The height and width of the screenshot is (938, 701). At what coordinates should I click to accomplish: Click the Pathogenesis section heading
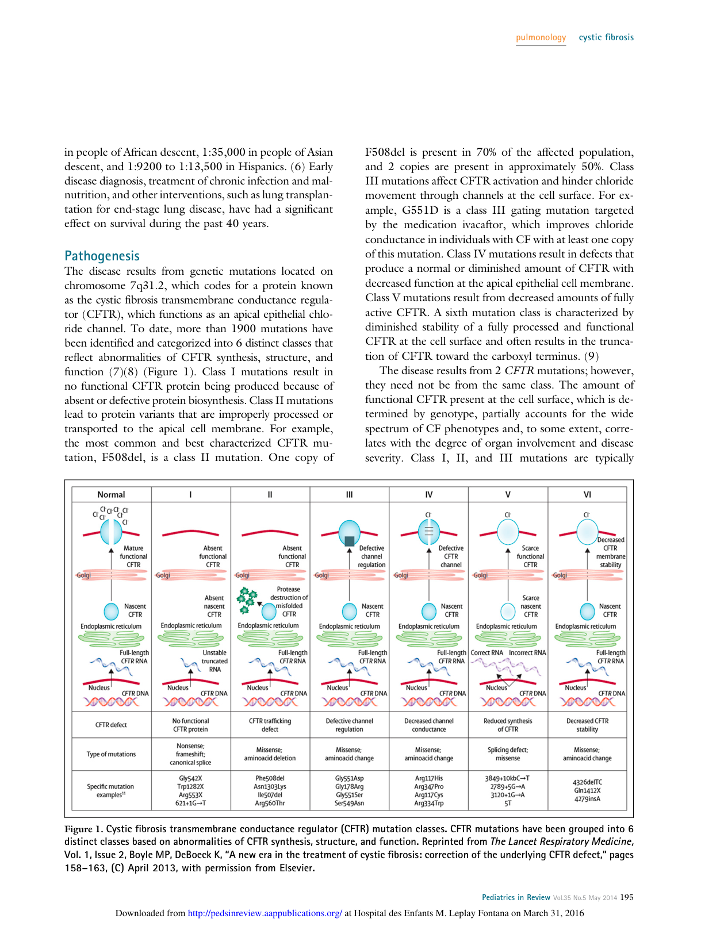point(102,256)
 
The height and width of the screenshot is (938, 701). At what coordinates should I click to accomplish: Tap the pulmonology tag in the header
point(541,37)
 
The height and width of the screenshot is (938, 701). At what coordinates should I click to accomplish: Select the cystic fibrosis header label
point(606,37)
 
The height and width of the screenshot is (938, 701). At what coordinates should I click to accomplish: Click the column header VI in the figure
point(587,494)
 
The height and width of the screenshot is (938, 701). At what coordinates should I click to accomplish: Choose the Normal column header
point(111,494)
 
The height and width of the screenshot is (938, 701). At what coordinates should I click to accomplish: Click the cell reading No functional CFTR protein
point(190,725)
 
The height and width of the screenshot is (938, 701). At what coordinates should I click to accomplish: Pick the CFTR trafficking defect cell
point(270,725)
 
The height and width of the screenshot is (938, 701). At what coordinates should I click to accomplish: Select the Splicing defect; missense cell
point(508,754)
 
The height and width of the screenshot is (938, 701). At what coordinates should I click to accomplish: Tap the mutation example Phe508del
point(270,778)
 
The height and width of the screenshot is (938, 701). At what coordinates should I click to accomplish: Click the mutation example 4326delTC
point(587,782)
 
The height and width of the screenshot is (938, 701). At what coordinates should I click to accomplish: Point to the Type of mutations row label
point(111,754)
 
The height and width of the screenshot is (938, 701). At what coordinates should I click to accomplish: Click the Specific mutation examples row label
point(110,790)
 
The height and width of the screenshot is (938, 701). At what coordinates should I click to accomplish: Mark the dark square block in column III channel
point(349,540)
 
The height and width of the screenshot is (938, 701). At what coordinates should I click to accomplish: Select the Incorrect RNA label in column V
point(527,653)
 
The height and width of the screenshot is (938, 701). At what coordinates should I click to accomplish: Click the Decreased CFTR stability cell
point(587,725)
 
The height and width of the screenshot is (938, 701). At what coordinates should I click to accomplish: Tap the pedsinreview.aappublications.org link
point(265,913)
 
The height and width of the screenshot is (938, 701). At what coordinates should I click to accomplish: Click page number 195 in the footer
point(627,897)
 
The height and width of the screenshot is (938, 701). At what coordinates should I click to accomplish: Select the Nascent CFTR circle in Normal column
point(111,611)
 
